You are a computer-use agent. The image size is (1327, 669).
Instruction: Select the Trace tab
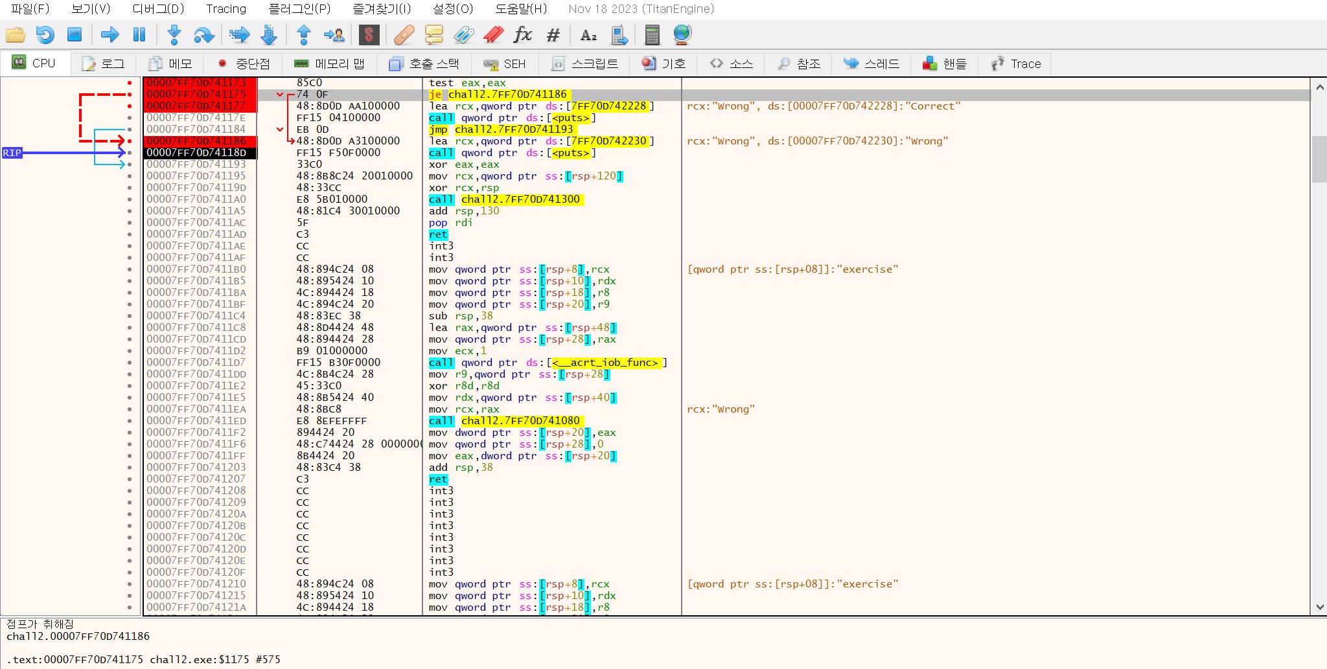pos(1016,63)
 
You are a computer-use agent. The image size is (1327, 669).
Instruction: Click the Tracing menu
pos(226,9)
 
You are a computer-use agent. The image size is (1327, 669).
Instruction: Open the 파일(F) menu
pos(30,9)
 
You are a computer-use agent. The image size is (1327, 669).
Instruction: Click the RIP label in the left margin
pos(12,153)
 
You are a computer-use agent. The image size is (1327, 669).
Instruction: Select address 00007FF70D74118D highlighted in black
pos(196,153)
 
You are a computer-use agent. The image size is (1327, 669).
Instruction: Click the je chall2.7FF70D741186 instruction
pos(498,95)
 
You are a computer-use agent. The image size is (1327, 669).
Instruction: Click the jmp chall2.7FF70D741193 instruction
pos(501,130)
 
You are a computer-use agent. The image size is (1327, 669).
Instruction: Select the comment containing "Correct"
pos(824,106)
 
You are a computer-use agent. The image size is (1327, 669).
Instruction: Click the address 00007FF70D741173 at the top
pos(196,83)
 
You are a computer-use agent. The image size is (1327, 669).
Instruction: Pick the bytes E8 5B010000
pos(332,199)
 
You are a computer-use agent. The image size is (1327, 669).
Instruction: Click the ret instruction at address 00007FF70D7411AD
pos(438,234)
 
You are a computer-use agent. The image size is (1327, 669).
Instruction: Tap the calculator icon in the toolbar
pos(652,34)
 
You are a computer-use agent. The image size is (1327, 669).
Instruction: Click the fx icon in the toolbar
pos(522,34)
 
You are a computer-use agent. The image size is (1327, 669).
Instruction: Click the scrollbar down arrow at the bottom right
pos(1320,607)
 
